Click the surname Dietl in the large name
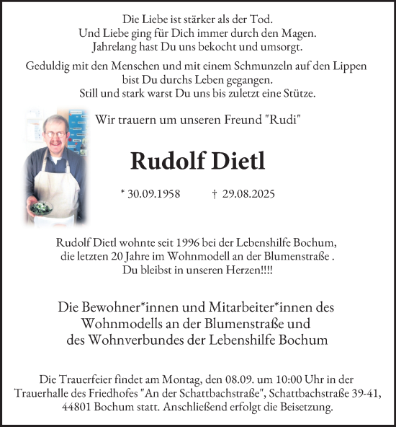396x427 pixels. click(x=233, y=160)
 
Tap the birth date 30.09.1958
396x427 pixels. click(x=153, y=194)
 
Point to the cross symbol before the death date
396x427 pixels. click(x=215, y=194)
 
